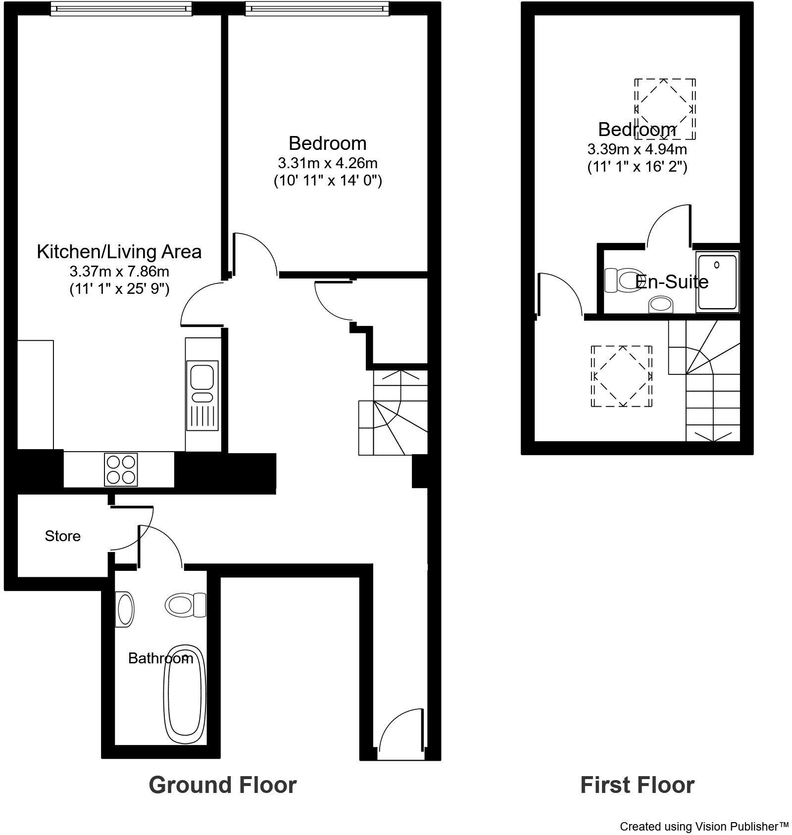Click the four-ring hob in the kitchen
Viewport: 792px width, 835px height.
(x=121, y=469)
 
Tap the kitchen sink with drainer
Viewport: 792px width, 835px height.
(x=202, y=395)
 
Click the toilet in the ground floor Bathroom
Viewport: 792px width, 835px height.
(x=185, y=604)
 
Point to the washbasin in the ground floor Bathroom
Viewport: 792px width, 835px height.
(x=125, y=609)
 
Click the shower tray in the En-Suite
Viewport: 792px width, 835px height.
(x=717, y=281)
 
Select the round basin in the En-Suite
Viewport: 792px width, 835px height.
(x=661, y=304)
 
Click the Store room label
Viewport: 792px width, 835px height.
(x=62, y=536)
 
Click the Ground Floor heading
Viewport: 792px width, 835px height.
(x=222, y=785)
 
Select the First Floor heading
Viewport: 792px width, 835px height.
(x=637, y=785)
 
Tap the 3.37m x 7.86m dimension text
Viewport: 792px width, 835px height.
(x=119, y=272)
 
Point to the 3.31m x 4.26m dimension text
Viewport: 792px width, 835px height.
(x=328, y=163)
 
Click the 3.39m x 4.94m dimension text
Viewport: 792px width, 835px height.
(x=637, y=149)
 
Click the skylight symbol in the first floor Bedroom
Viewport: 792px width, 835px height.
(x=665, y=108)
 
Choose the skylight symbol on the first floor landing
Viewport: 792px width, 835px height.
(x=621, y=376)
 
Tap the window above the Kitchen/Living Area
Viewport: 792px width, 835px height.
(x=121, y=8)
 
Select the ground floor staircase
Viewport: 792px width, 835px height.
(x=393, y=413)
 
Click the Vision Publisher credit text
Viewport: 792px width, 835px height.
(x=704, y=826)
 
